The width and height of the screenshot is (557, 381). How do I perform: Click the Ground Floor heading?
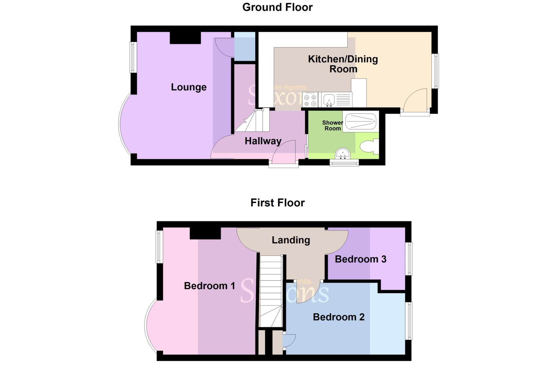pyautogui.click(x=277, y=7)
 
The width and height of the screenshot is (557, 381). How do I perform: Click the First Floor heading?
pyautogui.click(x=277, y=203)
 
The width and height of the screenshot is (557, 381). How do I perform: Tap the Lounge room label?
pyautogui.click(x=188, y=87)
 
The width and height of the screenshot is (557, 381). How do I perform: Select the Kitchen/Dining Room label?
pyautogui.click(x=343, y=64)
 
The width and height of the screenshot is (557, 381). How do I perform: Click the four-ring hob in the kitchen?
pyautogui.click(x=310, y=100)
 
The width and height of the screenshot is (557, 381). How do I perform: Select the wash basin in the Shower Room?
pyautogui.click(x=343, y=154)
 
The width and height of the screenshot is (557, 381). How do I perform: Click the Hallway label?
pyautogui.click(x=263, y=141)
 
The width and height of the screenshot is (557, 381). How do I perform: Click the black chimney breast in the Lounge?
pyautogui.click(x=185, y=38)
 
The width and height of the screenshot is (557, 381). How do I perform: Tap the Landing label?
pyautogui.click(x=291, y=240)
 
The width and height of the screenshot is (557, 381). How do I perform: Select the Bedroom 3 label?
pyautogui.click(x=360, y=259)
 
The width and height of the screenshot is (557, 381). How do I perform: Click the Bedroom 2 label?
pyautogui.click(x=339, y=317)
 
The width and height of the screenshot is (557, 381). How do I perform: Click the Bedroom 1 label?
pyautogui.click(x=209, y=286)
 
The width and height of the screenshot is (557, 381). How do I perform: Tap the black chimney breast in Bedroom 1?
pyautogui.click(x=205, y=233)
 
